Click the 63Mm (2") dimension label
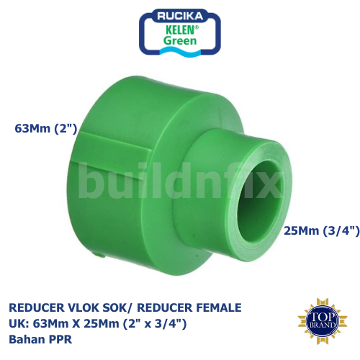click(45, 129)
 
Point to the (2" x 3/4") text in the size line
click(152, 324)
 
